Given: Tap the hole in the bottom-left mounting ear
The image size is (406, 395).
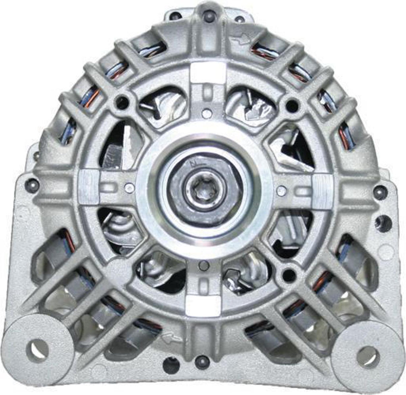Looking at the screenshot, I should coord(37,349).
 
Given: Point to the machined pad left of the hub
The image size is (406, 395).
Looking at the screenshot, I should coord(88,187).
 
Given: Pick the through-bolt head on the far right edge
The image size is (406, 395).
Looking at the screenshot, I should coord(380,192).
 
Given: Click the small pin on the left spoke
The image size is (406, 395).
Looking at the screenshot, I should coord(129,188).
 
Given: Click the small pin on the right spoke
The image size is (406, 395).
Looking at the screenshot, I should coord(281,191).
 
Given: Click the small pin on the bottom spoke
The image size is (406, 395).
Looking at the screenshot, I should coord(203,266).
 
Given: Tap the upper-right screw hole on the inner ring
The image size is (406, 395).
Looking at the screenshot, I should coord(292,105).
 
